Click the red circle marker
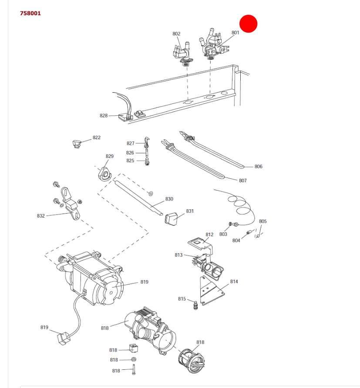[x=249, y=23]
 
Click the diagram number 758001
[x=30, y=13]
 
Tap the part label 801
[x=236, y=33]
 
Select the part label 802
[x=176, y=34]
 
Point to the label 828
[x=104, y=116]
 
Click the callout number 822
[x=97, y=137]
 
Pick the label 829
[x=110, y=156]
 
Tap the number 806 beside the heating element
[x=259, y=167]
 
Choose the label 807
[x=243, y=181]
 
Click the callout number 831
[x=190, y=211]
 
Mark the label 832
[x=41, y=216]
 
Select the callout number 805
[x=263, y=221]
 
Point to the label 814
[x=234, y=282]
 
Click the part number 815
[x=182, y=299]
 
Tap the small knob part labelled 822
[x=77, y=143]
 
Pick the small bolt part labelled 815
[x=195, y=306]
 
